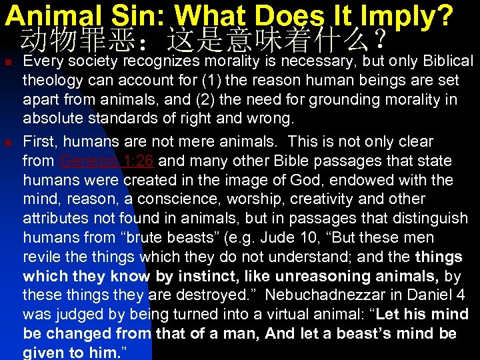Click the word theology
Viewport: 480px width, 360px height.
point(52,81)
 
